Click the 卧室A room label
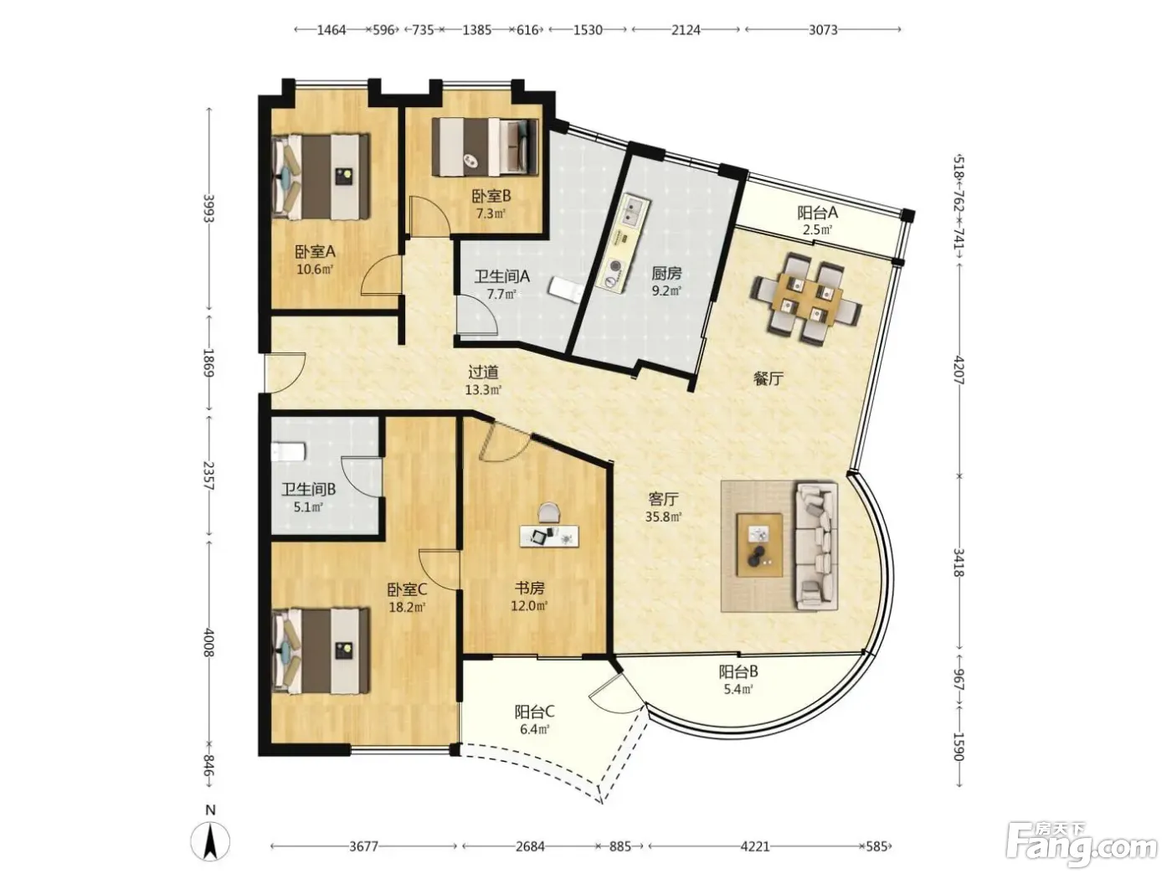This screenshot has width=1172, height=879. point(315,251)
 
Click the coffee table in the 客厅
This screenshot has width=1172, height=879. point(759,545)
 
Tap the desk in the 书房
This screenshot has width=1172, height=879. point(549,536)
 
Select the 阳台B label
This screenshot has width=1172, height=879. point(738,671)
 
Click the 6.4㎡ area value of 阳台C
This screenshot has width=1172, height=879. point(534,729)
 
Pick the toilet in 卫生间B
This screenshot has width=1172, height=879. point(287,451)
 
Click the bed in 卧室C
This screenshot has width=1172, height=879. point(320,650)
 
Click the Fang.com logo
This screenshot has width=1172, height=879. point(1082,846)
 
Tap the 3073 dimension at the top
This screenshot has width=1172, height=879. point(823,30)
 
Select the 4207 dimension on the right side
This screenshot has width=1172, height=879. point(959,370)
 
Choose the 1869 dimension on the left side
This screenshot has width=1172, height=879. point(208,363)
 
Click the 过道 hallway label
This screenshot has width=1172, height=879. point(483,372)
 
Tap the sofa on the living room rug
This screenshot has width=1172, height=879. point(816,545)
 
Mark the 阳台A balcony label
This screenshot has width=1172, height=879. point(817,213)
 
